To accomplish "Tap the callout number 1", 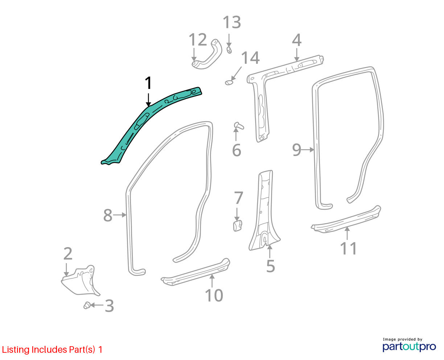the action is [148, 83].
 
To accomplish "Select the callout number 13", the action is [232, 22].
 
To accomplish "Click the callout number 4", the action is [297, 40].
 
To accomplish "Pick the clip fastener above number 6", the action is [239, 126].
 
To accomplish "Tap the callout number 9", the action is [297, 150].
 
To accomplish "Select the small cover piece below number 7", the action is [238, 226].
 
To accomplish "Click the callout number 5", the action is [271, 266].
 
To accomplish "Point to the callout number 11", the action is [349, 248].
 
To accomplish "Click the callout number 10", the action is [214, 295].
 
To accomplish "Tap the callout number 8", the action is [108, 215].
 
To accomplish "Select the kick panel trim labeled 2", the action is [80, 280].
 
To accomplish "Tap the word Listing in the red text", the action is [16, 350].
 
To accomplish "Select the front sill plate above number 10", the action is [196, 272].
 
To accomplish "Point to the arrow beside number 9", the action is [308, 150].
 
